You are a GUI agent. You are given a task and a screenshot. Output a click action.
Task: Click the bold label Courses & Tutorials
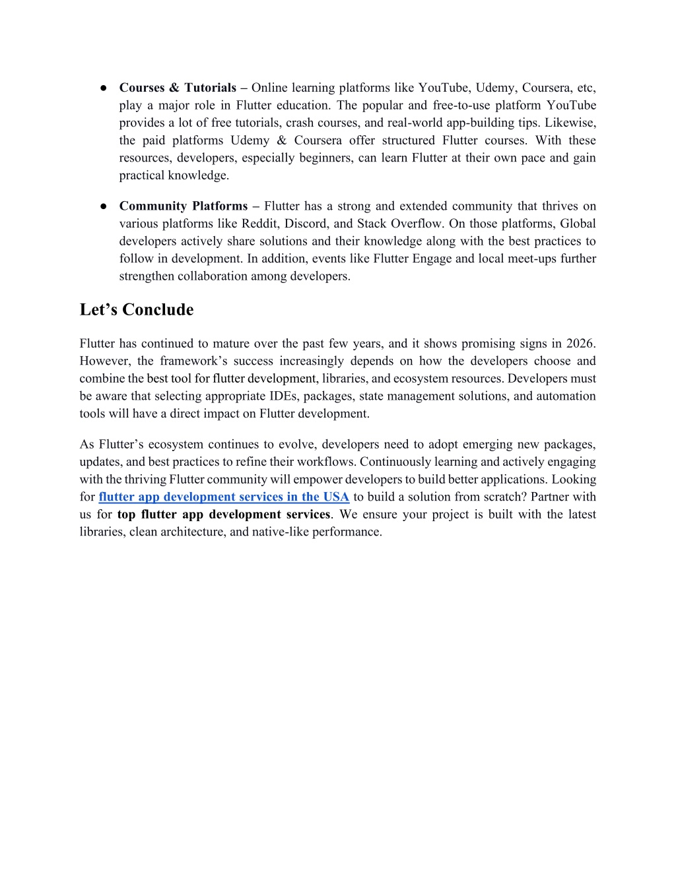point(178,88)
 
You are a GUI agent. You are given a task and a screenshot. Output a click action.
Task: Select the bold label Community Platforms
point(183,206)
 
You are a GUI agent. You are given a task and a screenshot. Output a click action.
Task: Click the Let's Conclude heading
point(137,309)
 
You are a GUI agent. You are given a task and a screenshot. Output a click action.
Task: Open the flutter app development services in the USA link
point(224,497)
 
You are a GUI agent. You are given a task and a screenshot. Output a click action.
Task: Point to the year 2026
point(581,343)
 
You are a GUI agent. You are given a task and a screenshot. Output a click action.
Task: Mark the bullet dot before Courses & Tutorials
point(104,88)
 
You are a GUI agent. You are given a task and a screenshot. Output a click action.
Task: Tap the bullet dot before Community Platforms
point(104,206)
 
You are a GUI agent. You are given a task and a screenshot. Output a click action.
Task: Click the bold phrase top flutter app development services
point(224,515)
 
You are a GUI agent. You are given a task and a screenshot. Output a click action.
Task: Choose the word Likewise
point(570,123)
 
